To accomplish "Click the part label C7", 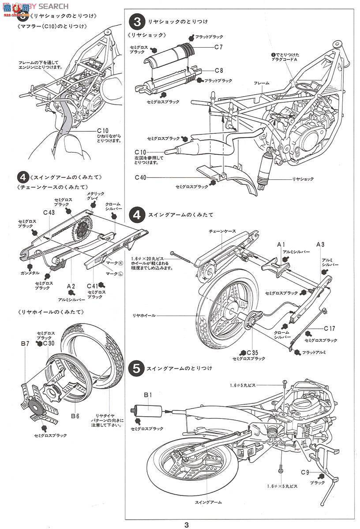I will coord(219,47).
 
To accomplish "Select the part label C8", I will coord(219,71).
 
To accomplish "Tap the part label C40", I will coord(140,178).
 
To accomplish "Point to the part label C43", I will coord(49,212).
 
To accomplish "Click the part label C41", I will coord(92,286).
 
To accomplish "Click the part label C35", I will coord(252,352).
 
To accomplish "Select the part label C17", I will coord(330,328).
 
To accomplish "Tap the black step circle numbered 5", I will coord(137,368).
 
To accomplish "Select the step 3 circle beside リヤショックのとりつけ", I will coord(137,21).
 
